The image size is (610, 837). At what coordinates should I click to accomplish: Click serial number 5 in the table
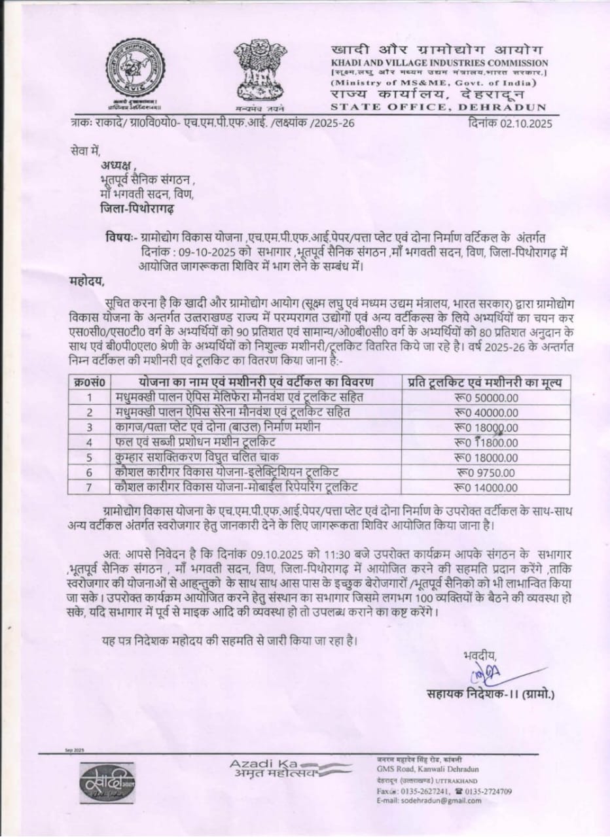88,458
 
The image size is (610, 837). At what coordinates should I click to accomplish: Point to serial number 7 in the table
88,487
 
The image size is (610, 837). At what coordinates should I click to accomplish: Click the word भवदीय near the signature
480,654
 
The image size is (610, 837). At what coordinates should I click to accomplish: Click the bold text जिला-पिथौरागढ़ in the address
137,209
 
